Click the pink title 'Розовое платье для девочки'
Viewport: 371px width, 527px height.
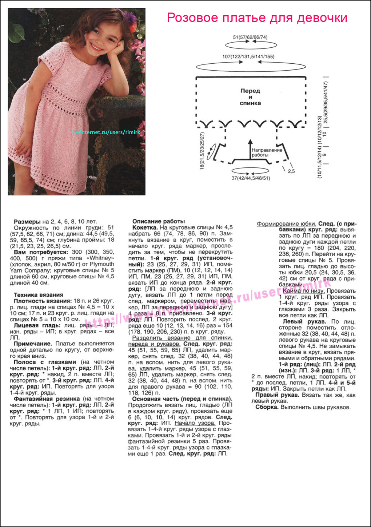[257, 17]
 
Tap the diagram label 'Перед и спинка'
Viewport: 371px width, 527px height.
[250, 97]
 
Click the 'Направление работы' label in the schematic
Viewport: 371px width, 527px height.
[267, 152]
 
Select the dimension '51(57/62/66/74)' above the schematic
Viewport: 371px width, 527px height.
[250, 37]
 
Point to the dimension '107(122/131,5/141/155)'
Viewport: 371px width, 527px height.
[248, 57]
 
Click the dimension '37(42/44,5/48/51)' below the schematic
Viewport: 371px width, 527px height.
[251, 178]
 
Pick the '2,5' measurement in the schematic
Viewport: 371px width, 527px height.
[291, 171]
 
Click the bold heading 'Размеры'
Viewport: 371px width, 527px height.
[27, 222]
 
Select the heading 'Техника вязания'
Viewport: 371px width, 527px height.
[38, 295]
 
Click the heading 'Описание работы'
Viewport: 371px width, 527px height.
[158, 221]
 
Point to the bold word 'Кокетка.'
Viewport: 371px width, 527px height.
[145, 227]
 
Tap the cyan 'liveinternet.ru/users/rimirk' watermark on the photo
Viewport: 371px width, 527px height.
[105, 132]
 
